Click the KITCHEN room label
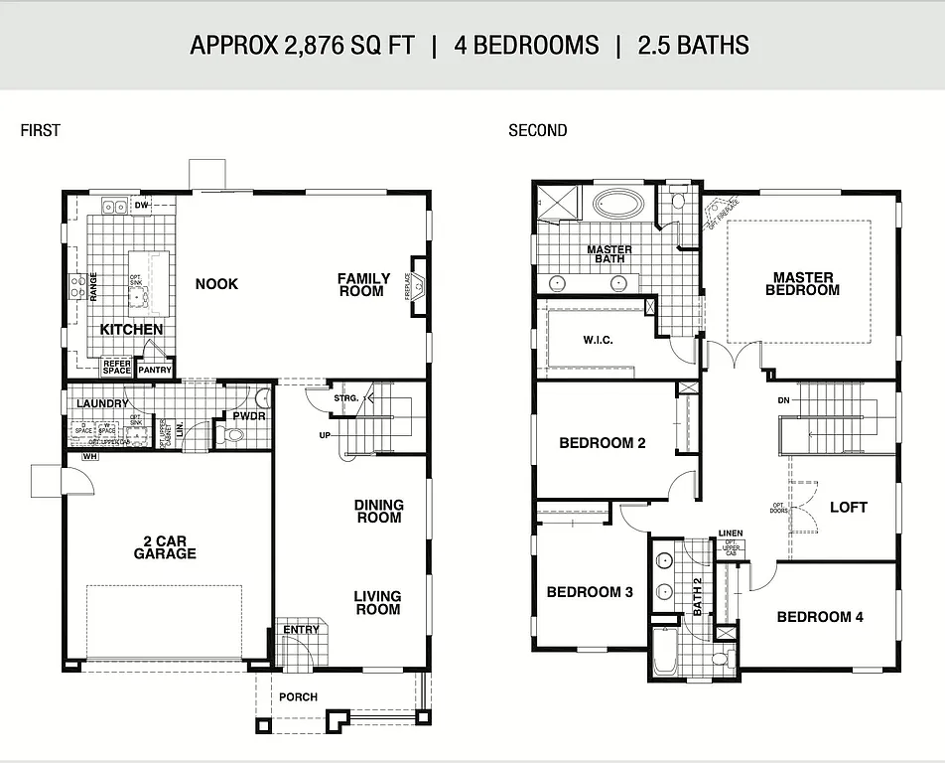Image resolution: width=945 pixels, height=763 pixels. coord(131,329)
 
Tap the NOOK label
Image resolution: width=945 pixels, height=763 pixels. coord(216,284)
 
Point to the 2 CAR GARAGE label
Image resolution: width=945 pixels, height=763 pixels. coord(165,547)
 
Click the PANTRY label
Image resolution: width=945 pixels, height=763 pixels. coord(155,370)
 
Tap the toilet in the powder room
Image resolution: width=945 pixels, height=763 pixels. coord(234,435)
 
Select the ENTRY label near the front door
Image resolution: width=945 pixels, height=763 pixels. coord(302,629)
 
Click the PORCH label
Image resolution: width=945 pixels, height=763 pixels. coord(298,696)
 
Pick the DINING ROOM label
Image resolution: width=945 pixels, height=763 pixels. coord(378,511)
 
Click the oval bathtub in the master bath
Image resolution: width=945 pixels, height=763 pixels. coord(618,206)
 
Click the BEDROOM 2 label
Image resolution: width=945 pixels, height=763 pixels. coord(603,443)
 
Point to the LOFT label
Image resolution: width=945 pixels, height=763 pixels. coord(849,507)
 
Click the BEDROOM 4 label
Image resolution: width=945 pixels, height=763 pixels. coord(820,617)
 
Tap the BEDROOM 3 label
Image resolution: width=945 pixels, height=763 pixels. coord(590,592)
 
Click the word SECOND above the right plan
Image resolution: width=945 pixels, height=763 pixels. coord(538,130)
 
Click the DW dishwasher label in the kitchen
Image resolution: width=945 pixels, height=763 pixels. coord(142,206)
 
